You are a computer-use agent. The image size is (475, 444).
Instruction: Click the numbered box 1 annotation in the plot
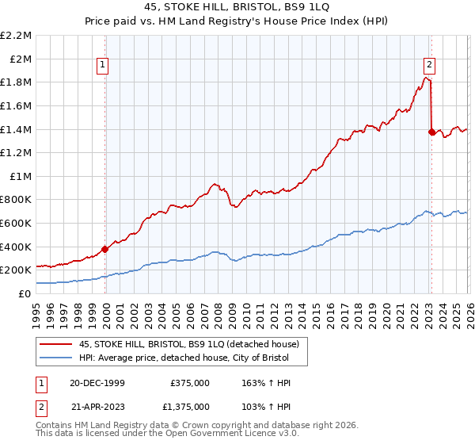(104, 66)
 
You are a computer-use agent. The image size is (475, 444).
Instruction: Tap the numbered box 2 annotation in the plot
(429, 66)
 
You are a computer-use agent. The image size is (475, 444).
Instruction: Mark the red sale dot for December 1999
(105, 249)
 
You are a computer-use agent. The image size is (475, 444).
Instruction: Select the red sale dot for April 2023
(431, 132)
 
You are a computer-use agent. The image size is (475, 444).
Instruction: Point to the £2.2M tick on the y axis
(17, 36)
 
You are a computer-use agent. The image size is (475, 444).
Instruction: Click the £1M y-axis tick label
(21, 176)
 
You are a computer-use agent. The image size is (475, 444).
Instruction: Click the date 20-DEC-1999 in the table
(97, 382)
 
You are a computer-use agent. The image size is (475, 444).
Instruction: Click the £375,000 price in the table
(190, 382)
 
